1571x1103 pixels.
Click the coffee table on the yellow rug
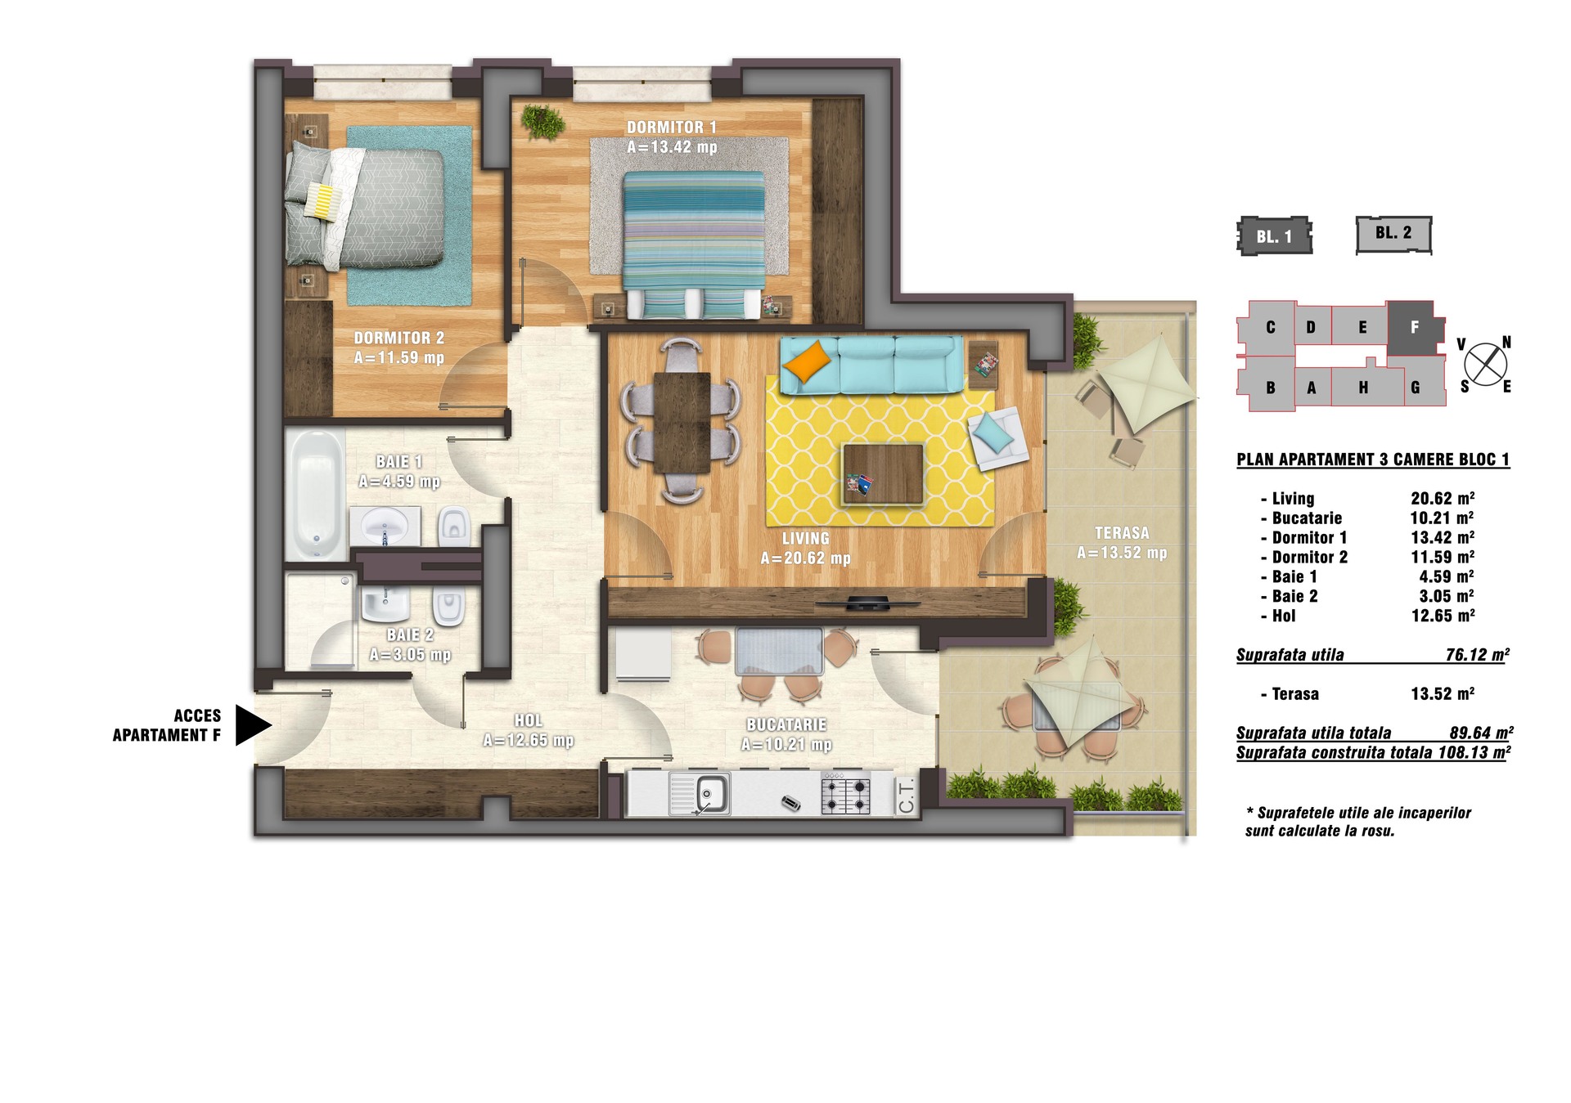[883, 474]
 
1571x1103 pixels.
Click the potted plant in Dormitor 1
[542, 122]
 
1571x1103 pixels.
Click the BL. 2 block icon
[1393, 235]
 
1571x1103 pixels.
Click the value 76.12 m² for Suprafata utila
[1477, 655]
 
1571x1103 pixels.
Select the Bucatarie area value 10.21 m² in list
[1443, 518]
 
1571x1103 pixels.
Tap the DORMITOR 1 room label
[672, 128]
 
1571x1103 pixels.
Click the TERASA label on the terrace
[1122, 533]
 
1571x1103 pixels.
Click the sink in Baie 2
[385, 603]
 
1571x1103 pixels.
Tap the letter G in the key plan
[1416, 388]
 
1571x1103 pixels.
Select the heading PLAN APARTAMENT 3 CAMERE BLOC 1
[1373, 460]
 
